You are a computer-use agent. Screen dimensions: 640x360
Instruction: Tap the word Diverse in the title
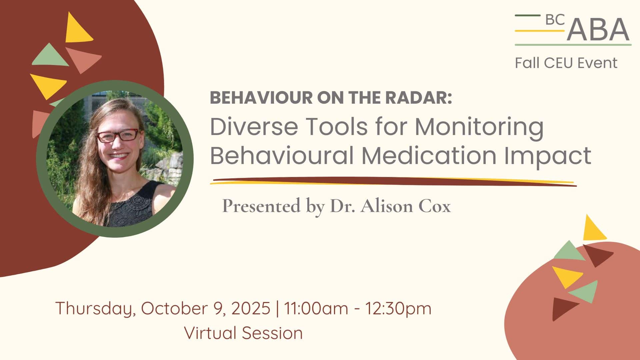(254, 127)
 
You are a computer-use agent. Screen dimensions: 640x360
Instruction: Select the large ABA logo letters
(598, 29)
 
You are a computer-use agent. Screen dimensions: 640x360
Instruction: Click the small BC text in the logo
(555, 20)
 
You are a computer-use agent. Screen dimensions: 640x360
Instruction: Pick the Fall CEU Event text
(566, 63)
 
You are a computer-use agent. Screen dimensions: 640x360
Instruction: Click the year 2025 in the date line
(250, 308)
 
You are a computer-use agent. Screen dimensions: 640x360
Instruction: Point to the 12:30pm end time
(398, 308)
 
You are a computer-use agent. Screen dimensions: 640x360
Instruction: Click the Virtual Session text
(244, 333)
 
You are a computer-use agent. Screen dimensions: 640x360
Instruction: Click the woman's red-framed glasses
(117, 135)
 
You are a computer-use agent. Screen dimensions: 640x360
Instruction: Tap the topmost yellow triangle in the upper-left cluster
(78, 28)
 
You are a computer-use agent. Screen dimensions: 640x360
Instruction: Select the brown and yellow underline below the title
(393, 181)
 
